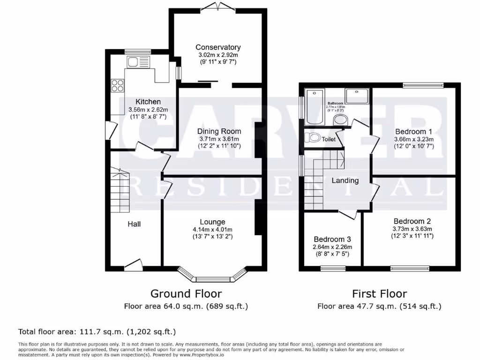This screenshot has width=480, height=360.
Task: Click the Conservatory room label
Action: (218, 47)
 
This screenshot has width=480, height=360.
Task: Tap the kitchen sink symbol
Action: (138, 61)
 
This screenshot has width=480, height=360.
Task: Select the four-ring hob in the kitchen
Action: (118, 85)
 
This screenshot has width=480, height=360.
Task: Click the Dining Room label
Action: (219, 131)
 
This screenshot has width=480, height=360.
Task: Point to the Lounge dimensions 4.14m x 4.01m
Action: (213, 230)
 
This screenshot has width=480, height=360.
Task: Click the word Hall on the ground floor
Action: (134, 224)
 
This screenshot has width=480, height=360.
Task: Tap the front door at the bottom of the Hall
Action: (134, 265)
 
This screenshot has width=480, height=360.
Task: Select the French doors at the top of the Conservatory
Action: (218, 7)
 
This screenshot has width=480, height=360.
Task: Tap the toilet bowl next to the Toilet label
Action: (313, 138)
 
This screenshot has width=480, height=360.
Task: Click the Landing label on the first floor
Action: (345, 180)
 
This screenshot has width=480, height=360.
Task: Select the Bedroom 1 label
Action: (413, 131)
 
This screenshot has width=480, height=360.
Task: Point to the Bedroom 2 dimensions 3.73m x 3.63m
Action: (412, 229)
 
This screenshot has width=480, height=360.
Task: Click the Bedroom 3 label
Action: (332, 239)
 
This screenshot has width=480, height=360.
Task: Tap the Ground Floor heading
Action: (186, 294)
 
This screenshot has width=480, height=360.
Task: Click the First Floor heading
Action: (379, 294)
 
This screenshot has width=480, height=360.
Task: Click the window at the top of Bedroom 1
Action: (422, 85)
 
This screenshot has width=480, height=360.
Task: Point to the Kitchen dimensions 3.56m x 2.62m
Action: (148, 110)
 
